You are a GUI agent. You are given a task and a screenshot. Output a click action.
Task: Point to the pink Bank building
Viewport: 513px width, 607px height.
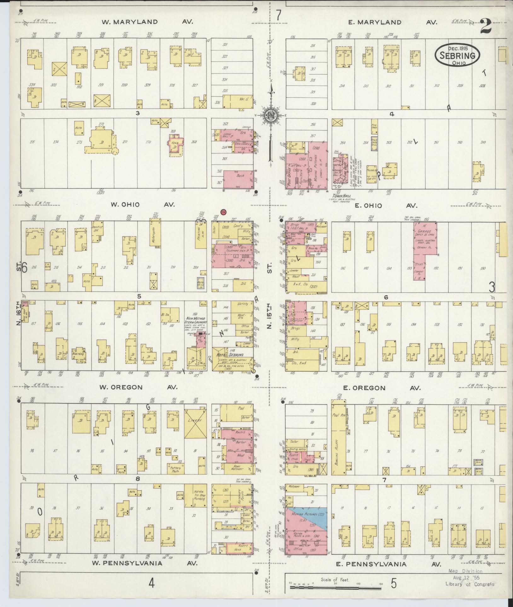[238, 179]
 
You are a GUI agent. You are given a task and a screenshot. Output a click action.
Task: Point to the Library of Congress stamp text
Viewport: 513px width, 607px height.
[470, 584]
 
